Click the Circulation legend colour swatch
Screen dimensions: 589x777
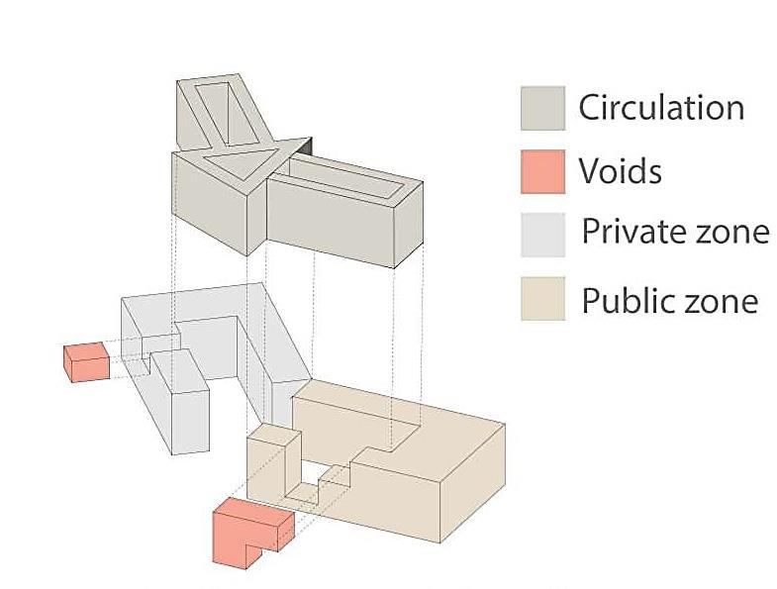coord(542,108)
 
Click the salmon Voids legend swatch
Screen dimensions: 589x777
coord(542,170)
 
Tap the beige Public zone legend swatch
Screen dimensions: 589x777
coord(542,299)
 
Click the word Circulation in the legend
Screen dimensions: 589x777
coord(661,107)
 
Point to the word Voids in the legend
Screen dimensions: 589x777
coord(620,171)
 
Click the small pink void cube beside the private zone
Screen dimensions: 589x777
coord(85,361)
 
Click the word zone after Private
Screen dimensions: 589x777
coord(732,232)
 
